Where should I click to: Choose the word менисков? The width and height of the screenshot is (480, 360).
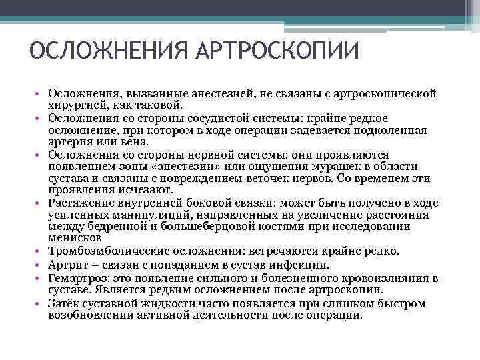75,238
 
